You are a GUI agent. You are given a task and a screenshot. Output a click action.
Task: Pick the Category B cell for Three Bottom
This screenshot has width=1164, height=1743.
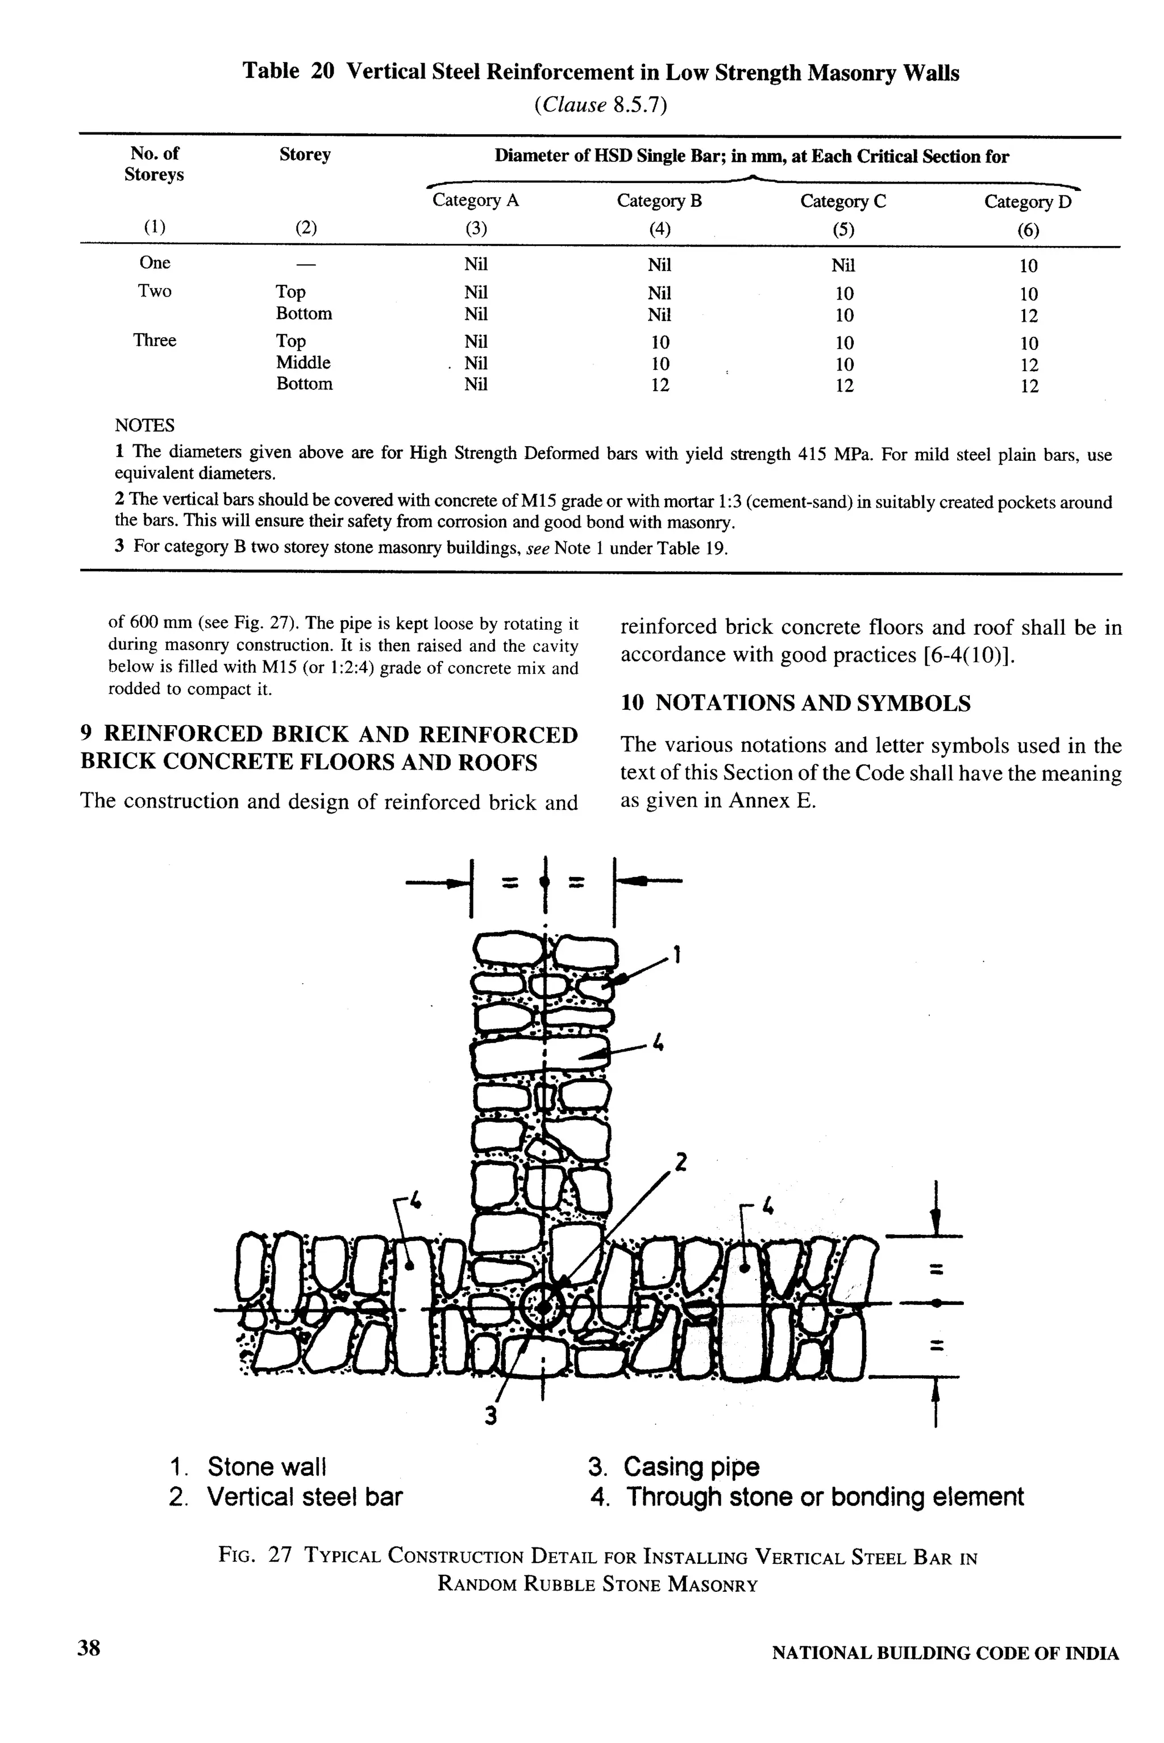(x=660, y=385)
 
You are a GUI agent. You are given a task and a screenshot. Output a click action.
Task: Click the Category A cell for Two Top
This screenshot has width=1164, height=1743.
(x=476, y=293)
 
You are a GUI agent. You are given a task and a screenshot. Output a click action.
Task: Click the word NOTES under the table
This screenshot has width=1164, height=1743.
(x=145, y=425)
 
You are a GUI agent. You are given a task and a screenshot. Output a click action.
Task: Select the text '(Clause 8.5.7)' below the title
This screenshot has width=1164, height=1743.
(x=601, y=105)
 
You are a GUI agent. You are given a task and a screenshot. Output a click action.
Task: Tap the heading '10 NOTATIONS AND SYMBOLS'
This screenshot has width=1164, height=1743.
(x=795, y=703)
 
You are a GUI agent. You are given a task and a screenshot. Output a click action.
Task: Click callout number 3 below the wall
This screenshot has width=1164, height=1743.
(x=490, y=1416)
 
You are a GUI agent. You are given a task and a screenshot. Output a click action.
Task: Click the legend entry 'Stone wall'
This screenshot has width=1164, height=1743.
(x=267, y=1467)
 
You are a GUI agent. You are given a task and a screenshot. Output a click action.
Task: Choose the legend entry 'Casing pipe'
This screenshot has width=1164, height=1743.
(x=691, y=1467)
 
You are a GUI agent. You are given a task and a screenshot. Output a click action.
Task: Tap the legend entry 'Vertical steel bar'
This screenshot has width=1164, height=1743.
(x=305, y=1496)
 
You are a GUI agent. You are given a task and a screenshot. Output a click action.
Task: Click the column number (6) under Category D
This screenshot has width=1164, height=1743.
(x=1028, y=231)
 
